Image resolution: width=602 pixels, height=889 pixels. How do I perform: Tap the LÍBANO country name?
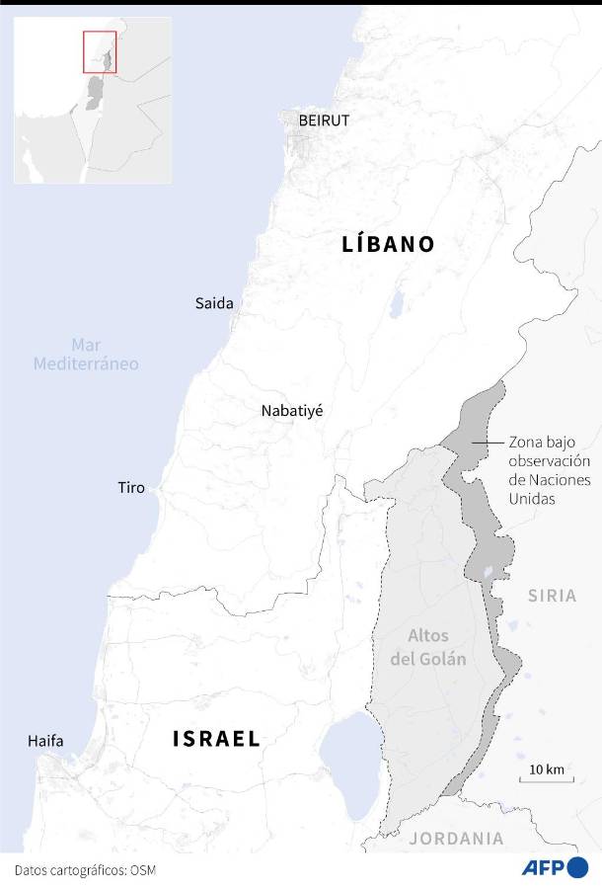(x=388, y=245)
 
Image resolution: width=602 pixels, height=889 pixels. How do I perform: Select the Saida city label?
(x=214, y=303)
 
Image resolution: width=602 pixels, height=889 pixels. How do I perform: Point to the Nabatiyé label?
(x=291, y=411)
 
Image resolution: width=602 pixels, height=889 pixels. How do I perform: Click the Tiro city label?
(x=131, y=488)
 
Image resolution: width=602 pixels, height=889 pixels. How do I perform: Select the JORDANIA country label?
(x=456, y=839)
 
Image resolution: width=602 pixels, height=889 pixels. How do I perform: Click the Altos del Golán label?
(x=427, y=647)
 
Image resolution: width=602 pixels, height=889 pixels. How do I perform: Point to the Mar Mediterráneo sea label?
(x=86, y=355)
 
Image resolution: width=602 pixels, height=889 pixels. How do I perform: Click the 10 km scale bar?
(x=546, y=777)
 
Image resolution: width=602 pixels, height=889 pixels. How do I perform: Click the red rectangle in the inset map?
(x=100, y=51)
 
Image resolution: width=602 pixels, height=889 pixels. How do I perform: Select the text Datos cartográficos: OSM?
(x=85, y=870)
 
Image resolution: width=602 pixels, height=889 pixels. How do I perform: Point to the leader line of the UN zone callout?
(x=487, y=443)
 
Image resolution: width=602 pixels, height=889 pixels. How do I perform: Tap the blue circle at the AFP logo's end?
(x=577, y=868)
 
